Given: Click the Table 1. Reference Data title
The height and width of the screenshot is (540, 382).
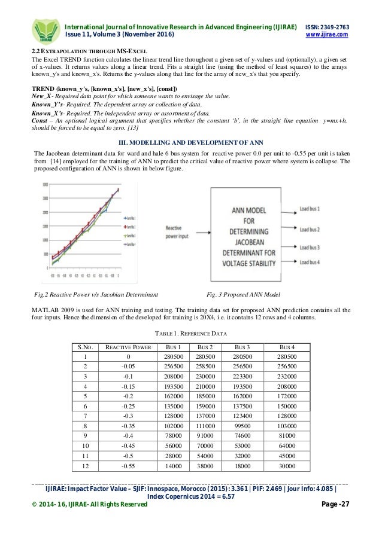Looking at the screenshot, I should coord(190,334).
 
